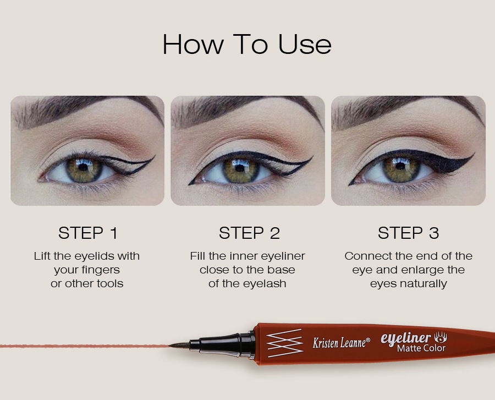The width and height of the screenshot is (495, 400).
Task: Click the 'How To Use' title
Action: tap(247, 45)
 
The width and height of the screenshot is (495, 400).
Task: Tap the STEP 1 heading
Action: tap(88, 233)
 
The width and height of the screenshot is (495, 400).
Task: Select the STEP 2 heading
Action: tap(249, 233)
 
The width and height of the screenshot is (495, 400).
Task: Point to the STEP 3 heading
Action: tap(408, 233)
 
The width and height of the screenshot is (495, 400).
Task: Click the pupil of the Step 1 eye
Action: tap(83, 167)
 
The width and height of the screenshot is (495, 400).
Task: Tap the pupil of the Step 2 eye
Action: tap(240, 168)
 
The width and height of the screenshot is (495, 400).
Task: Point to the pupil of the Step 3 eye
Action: tap(400, 167)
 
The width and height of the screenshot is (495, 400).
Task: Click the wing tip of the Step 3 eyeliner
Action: tap(474, 154)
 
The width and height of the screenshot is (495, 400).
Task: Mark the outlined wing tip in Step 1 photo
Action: tap(154, 156)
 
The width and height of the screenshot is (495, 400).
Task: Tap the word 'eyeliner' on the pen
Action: tap(406, 338)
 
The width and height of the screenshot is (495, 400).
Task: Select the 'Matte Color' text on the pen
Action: tap(421, 348)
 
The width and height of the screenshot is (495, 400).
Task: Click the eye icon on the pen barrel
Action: tap(441, 337)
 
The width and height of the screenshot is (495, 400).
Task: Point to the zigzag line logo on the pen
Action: tap(284, 343)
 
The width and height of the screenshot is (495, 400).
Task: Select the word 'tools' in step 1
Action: tap(110, 283)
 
